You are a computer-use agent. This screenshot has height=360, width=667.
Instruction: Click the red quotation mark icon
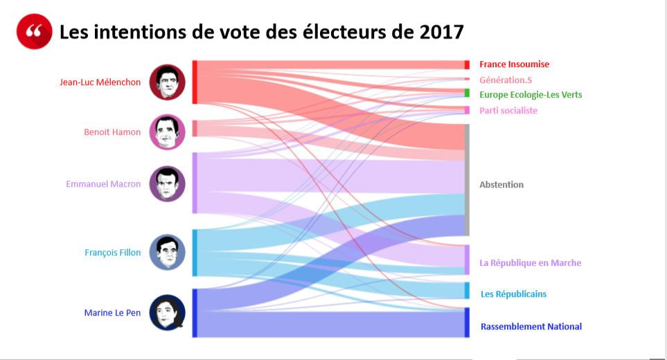[x=35, y=32]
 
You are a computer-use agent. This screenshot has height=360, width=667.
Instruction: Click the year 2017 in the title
[x=441, y=32]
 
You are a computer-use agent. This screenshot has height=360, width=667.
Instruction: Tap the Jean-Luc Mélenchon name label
[x=100, y=82]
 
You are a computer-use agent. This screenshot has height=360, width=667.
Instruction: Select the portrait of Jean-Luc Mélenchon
[x=167, y=82]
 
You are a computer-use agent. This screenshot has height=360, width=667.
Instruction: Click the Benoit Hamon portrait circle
[x=167, y=132]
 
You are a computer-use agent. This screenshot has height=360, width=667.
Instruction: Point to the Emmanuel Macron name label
[x=103, y=184]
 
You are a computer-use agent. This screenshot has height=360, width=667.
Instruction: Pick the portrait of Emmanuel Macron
[x=167, y=184]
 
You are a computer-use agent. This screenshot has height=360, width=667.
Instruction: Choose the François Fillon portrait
[x=167, y=252]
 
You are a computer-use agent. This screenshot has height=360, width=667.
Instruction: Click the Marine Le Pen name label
[x=112, y=313]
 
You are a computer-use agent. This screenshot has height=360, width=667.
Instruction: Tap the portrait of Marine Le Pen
[x=167, y=313]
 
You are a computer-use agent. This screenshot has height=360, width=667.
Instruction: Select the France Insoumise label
[x=514, y=64]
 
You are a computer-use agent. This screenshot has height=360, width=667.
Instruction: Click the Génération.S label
[x=506, y=80]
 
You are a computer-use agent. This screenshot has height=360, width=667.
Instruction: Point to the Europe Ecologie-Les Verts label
[x=531, y=95]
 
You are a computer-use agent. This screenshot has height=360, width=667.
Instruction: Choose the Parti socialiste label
[x=508, y=111]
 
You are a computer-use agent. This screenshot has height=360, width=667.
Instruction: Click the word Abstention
[x=501, y=185]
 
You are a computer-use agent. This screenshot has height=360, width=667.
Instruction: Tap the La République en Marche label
[x=530, y=263]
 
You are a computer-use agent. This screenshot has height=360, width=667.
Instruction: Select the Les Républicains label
[x=513, y=294]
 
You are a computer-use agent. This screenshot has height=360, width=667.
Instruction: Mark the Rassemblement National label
[x=531, y=327]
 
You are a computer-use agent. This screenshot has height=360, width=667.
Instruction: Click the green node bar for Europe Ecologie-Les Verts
[x=468, y=93]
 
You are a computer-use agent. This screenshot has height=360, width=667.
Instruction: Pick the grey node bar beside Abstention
[x=468, y=180]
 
